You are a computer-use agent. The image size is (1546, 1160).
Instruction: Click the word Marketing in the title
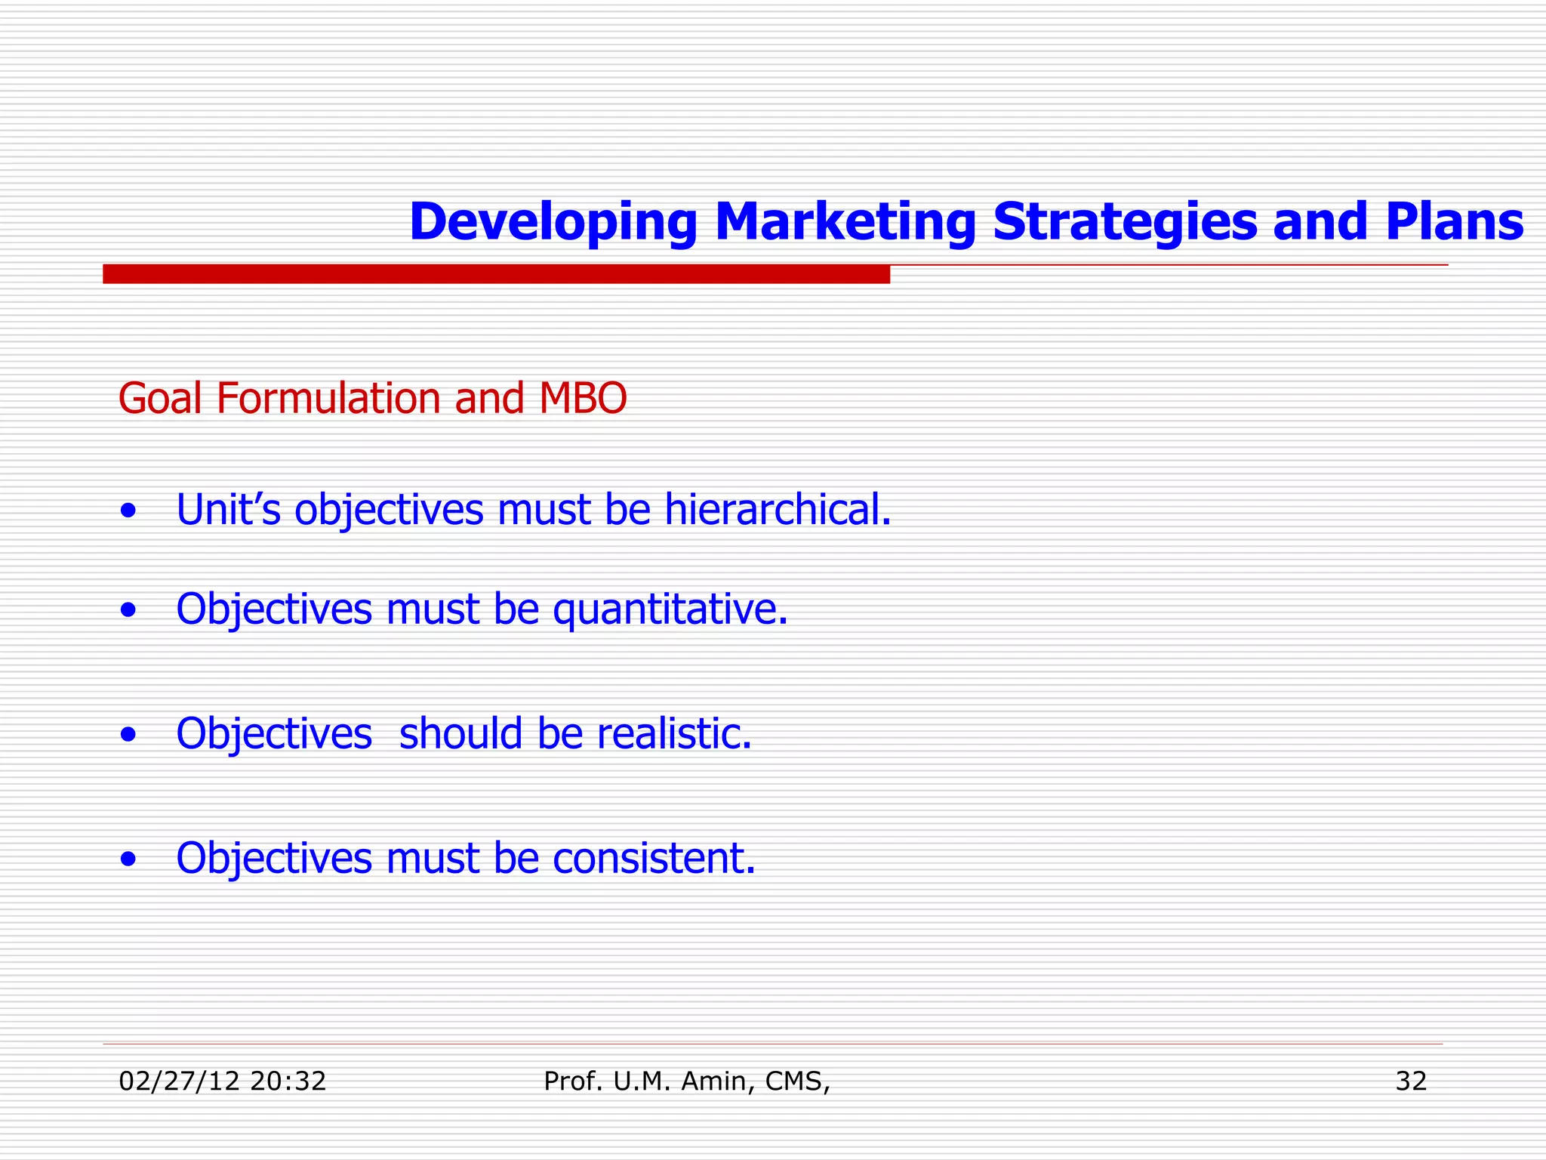[x=845, y=222]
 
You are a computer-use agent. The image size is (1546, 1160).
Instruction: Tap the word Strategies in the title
[x=1124, y=222]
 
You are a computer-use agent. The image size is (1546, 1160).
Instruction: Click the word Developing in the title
[x=553, y=222]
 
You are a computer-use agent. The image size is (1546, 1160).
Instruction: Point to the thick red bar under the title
[x=496, y=273]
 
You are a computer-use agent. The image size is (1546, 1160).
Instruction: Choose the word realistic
[x=674, y=733]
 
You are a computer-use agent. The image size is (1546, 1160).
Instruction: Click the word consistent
[x=654, y=859]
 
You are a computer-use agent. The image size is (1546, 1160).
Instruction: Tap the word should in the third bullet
[x=460, y=733]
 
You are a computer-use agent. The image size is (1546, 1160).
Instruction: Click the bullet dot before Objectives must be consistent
[x=129, y=859]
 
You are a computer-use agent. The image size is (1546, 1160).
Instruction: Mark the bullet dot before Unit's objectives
[x=129, y=511]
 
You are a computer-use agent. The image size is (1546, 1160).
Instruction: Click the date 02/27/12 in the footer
[x=179, y=1081]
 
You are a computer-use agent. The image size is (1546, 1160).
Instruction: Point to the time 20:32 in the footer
[x=288, y=1081]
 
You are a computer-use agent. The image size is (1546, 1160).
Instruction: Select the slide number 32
[x=1411, y=1081]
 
